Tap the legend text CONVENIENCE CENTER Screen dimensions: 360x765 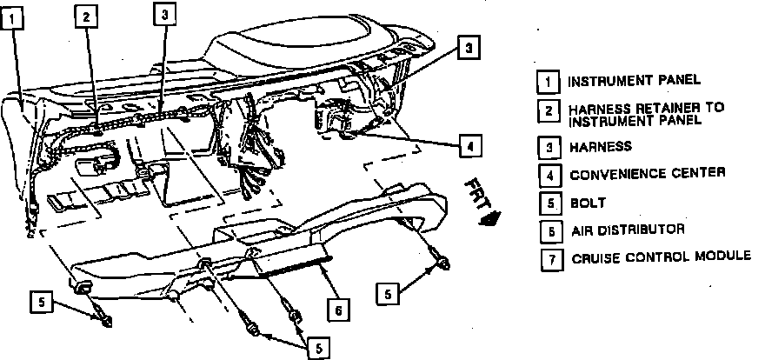pos(647,174)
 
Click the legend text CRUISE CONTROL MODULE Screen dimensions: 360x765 pos(661,258)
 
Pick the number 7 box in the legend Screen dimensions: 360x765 pos(549,259)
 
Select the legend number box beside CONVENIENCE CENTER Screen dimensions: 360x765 pos(549,174)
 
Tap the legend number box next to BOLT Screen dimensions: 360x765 pos(549,203)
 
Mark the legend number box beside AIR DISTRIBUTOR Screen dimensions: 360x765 pos(549,231)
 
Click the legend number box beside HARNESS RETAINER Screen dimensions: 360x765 pos(549,112)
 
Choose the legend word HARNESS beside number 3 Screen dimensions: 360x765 pos(600,147)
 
